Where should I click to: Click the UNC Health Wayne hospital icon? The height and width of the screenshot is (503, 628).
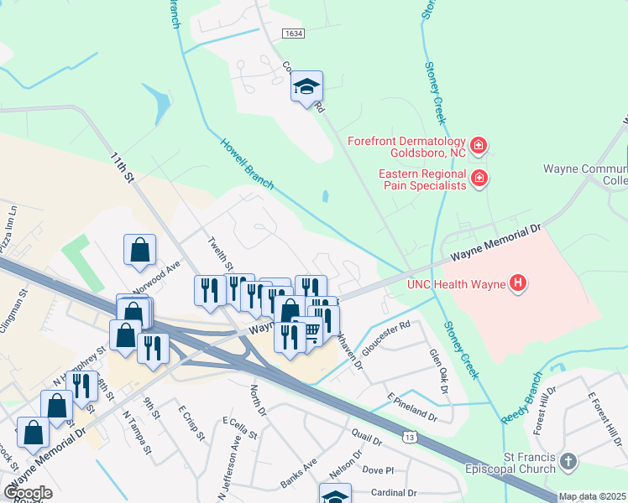(x=519, y=284)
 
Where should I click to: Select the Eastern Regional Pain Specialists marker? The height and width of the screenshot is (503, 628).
(x=479, y=178)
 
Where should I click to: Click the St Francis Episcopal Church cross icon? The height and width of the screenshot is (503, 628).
(x=568, y=462)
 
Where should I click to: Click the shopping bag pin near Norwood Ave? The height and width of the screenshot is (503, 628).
(x=139, y=250)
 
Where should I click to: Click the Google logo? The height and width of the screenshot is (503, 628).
(x=27, y=493)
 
